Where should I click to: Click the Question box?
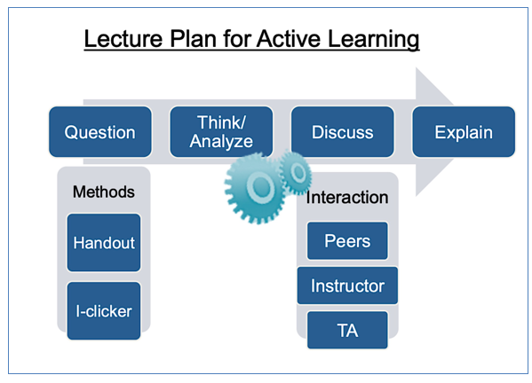pos(100,132)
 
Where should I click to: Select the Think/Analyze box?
pos(221,132)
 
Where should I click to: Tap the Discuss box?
pos(342,132)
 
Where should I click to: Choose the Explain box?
pos(464,132)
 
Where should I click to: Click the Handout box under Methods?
pos(104,242)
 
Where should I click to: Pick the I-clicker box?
pos(104,311)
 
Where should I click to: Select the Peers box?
pos(347,241)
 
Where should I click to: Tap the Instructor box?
pos(347,285)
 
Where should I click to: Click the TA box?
pos(347,330)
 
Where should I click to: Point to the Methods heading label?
pos(104,191)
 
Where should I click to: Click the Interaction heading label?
pos(347,197)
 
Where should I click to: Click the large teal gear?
pos(255,188)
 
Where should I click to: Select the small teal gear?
pos(296,173)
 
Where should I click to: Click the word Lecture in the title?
pos(123,39)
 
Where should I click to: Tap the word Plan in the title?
pos(193,39)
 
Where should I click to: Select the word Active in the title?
pos(289,39)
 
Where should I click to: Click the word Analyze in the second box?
pos(221,142)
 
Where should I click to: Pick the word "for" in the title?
pos(236,39)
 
